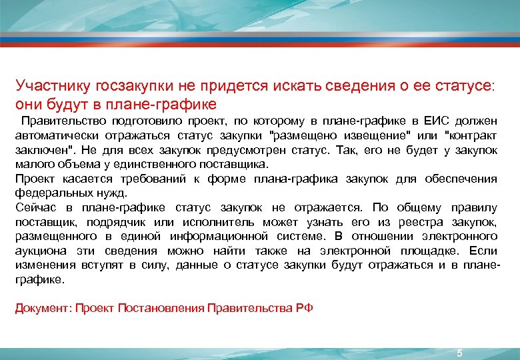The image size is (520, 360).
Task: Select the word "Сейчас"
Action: coord(33,208)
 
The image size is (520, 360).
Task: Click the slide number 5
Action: coord(459,353)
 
